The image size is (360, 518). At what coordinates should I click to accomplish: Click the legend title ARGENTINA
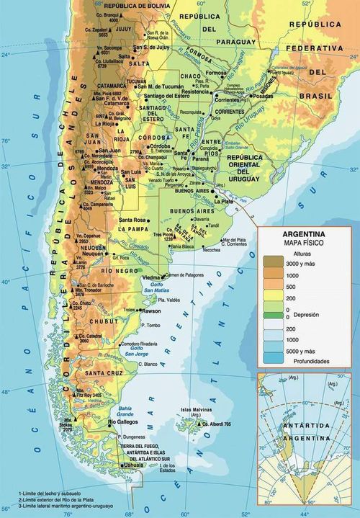[303, 235]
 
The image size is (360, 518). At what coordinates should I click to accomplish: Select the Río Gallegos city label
[123, 422]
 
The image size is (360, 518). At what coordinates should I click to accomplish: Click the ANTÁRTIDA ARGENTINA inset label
[307, 429]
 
